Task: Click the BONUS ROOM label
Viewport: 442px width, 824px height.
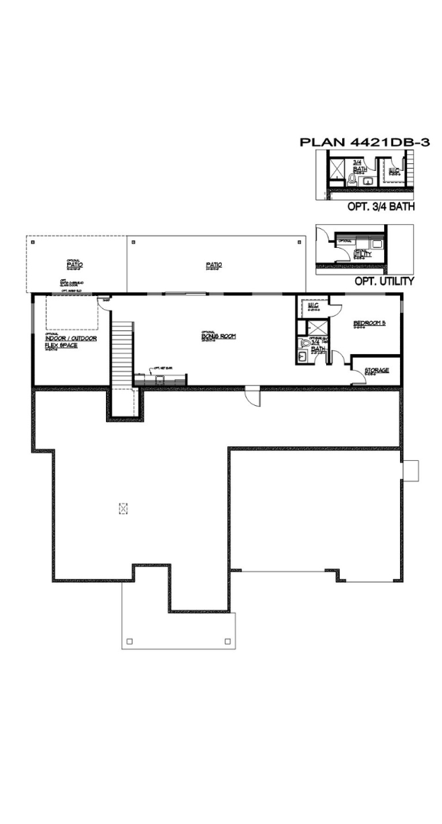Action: pos(213,336)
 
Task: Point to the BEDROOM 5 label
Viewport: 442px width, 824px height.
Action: pos(370,323)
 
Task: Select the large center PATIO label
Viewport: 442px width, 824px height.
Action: pos(213,266)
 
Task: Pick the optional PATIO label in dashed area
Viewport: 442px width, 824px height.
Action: pos(74,264)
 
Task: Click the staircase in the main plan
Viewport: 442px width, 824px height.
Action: pos(123,355)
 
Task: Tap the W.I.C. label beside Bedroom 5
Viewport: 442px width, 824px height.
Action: pos(312,306)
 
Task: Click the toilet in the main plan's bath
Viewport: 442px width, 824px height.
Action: pos(305,343)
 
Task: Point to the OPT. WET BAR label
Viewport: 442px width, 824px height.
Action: pos(162,367)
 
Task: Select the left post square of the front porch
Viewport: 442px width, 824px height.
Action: pos(130,640)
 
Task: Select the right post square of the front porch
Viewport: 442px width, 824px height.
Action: pos(226,640)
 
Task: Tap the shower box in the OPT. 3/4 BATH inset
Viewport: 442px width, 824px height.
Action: pos(336,169)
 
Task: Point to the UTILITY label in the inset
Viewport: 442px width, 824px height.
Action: pos(361,252)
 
